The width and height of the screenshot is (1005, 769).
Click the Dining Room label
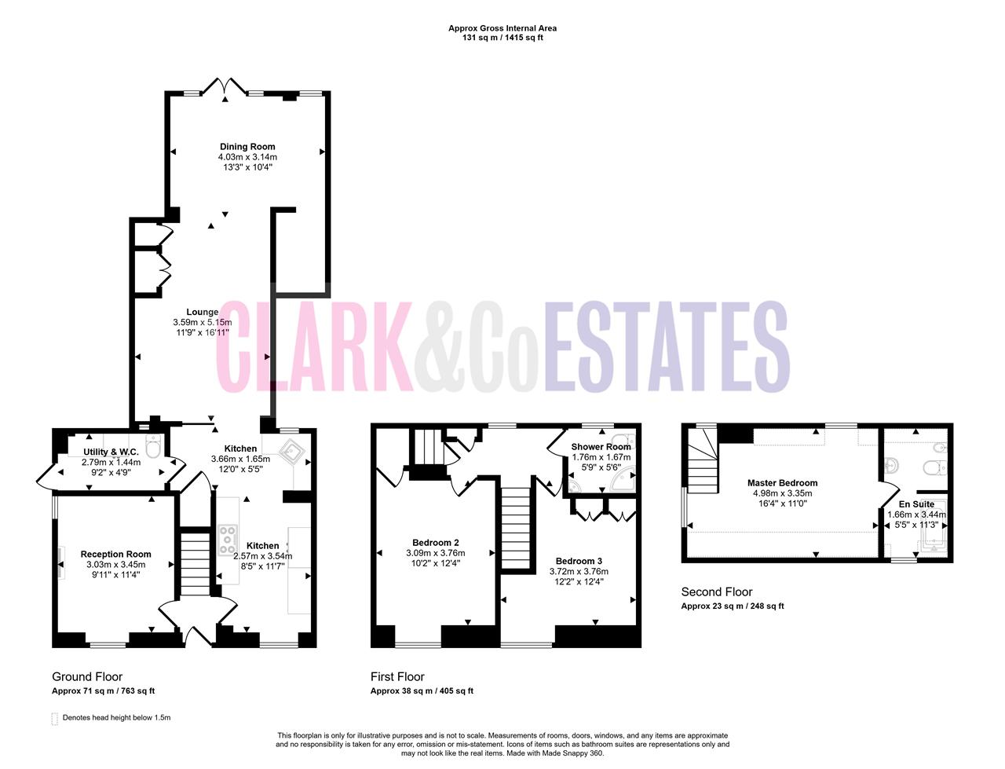pos(247,147)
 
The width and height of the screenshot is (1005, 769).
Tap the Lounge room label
pos(202,312)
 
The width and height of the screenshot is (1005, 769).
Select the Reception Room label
pos(115,555)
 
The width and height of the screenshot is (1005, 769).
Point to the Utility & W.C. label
pos(111,452)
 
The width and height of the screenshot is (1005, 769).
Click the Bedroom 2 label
pos(436,543)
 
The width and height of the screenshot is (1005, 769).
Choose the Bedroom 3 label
pos(579,561)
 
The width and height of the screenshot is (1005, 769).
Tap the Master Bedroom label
pos(782,483)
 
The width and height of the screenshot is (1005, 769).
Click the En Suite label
pos(916,504)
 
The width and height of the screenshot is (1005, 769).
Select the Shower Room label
pos(601,447)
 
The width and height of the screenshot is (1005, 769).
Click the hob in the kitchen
pos(228,540)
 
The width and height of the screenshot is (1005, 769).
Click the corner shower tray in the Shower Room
pos(623,479)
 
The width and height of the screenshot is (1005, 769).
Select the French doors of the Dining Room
pos(225,86)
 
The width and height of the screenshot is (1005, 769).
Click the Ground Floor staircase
pos(195,563)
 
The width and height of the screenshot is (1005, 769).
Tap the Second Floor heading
pos(717,592)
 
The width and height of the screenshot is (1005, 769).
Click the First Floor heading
pos(397,676)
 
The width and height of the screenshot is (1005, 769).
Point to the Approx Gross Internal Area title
pos(502,28)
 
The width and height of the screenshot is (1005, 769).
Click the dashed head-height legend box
pos(54,719)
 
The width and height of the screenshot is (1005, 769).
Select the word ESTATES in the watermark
pos(666,346)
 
